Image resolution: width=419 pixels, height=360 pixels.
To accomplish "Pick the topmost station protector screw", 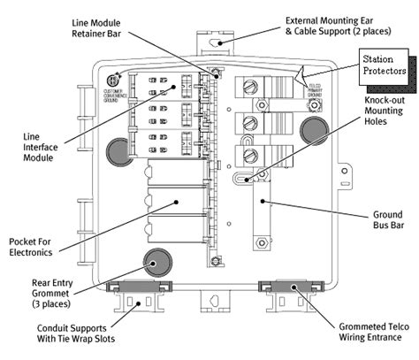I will pyautogui.click(x=251, y=88).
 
